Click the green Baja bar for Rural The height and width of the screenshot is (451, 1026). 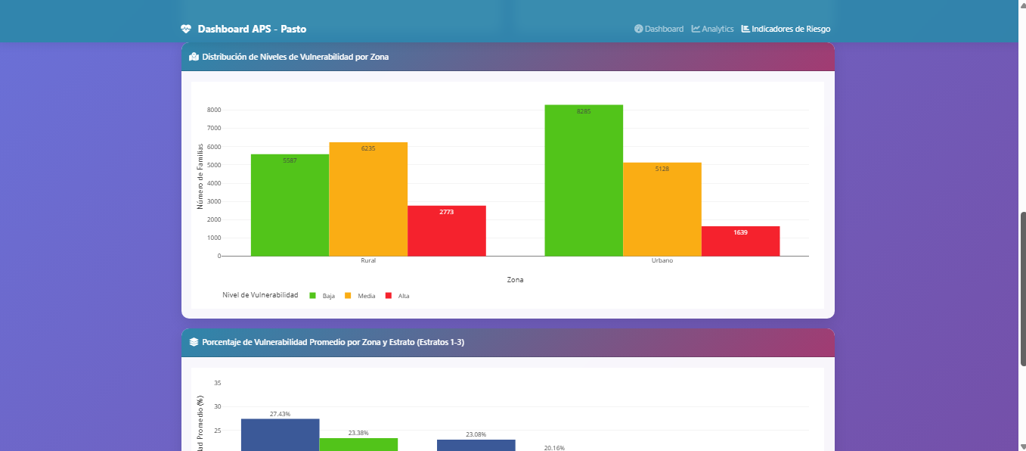coord(290,205)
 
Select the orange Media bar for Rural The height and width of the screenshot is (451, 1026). coord(368,199)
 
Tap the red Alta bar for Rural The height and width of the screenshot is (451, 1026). coord(447,231)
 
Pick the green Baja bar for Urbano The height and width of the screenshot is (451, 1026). coord(584,181)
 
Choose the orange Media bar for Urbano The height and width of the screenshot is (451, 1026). coord(662,210)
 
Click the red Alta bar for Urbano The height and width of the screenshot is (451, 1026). coord(741,241)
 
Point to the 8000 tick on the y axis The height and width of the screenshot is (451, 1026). coord(214,110)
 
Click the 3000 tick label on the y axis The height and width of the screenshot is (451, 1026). coord(214,201)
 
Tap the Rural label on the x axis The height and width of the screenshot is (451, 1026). coord(368,260)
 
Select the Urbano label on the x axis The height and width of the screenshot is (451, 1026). coord(662,260)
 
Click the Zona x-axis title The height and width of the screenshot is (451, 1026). coord(516,279)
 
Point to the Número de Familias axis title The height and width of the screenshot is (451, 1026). coord(200,176)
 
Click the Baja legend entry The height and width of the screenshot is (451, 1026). coord(322,296)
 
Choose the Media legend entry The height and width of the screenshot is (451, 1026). coord(360,296)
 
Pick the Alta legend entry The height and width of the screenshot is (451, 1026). coord(398,296)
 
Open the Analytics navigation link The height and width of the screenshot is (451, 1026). coord(713,29)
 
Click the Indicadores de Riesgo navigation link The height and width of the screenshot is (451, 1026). coord(786,29)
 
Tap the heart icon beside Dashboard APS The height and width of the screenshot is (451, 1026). coord(186,29)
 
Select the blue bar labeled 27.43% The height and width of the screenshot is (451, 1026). coord(281,435)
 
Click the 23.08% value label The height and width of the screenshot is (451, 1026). coord(476,434)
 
